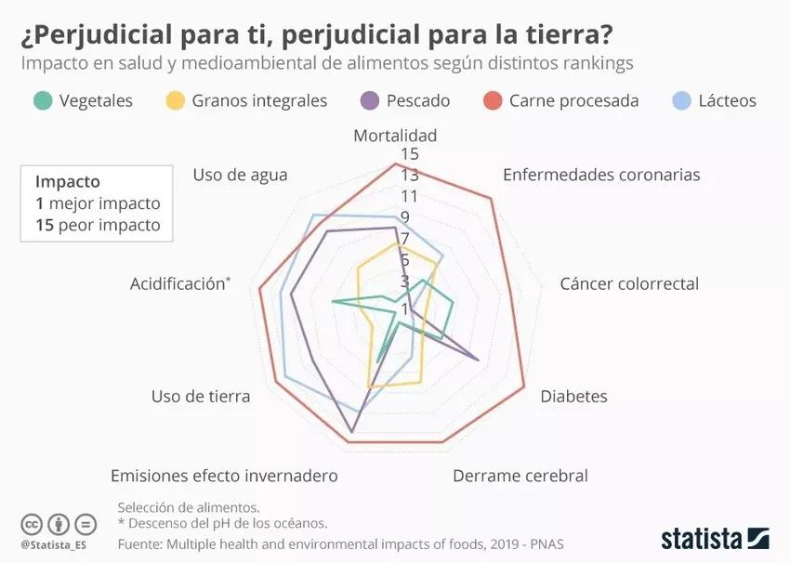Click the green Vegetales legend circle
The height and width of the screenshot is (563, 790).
click(x=42, y=100)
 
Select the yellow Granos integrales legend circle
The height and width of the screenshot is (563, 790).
click(x=175, y=100)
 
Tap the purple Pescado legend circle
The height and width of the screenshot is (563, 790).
click(x=370, y=100)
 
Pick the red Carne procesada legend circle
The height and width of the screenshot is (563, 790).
click(x=494, y=100)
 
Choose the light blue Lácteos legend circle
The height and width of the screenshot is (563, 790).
click(x=682, y=100)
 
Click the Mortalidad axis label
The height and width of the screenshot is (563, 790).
click(x=395, y=136)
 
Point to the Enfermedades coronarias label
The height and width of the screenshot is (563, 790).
click(x=601, y=175)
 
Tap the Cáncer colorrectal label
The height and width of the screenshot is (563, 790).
click(x=629, y=283)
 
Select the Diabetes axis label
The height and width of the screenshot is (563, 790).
click(x=573, y=397)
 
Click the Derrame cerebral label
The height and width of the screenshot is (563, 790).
click(x=520, y=476)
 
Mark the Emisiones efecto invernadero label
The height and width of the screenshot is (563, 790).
click(x=224, y=476)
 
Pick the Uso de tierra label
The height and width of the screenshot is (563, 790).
click(x=201, y=397)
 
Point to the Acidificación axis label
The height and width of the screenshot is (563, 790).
click(x=179, y=283)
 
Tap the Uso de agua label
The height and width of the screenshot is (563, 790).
click(x=240, y=175)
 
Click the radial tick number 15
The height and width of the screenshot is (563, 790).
click(x=410, y=153)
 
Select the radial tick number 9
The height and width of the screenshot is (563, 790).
click(x=404, y=217)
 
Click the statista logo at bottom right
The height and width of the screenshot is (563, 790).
click(x=715, y=538)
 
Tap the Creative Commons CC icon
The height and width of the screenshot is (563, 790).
click(x=32, y=523)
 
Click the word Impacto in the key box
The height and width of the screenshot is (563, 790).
click(x=67, y=182)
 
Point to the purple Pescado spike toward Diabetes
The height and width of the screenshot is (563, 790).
click(x=477, y=359)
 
